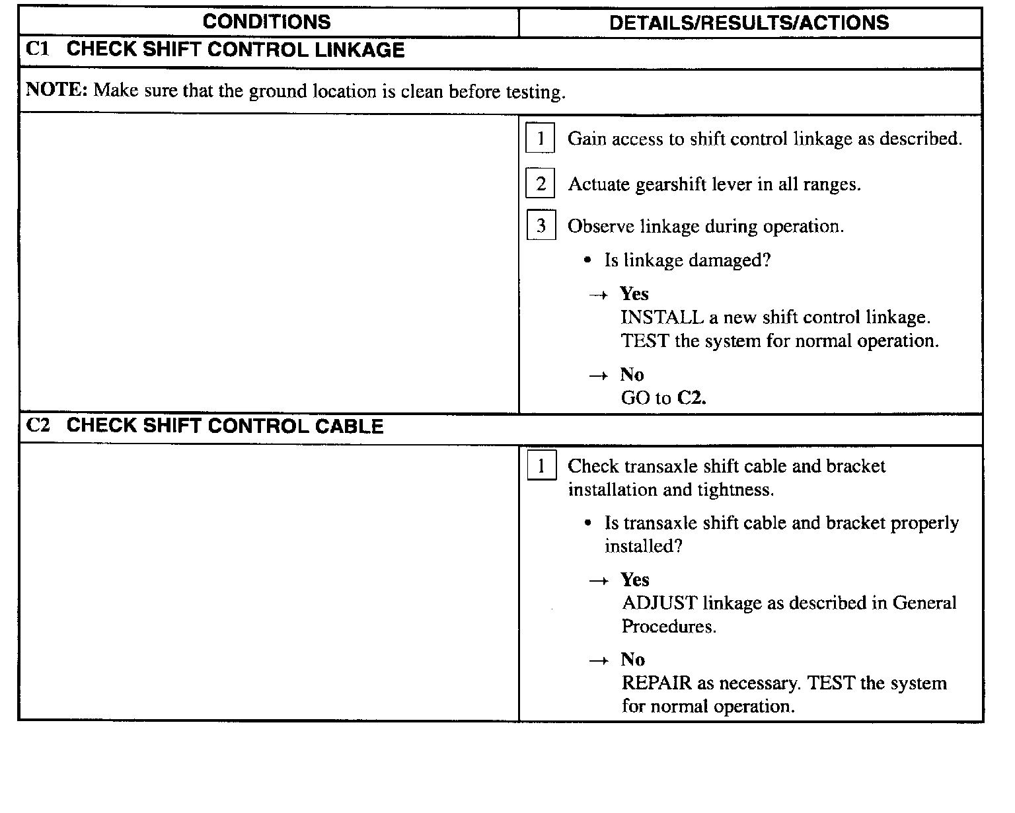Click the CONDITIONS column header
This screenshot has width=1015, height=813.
pos(266,22)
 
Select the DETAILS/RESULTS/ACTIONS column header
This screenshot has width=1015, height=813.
pos(749,22)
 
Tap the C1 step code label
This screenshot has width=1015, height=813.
pos(38,50)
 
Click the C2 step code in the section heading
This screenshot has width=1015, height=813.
pos(38,425)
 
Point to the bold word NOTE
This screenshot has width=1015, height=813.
pos(56,90)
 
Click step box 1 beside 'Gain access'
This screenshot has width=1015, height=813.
pos(541,139)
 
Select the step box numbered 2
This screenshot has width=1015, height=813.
pos(541,184)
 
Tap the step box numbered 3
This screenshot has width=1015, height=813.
pos(541,226)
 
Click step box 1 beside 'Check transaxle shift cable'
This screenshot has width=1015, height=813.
pos(541,467)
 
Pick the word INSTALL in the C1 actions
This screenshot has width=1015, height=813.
pos(662,317)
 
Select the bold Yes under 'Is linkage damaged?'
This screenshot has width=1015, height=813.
pos(634,294)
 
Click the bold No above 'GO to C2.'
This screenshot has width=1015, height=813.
pos(632,375)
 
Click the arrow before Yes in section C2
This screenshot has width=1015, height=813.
pos(599,581)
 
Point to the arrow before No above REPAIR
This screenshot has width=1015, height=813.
pos(599,661)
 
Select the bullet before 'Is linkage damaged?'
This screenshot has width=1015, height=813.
pos(587,260)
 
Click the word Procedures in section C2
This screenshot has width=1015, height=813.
pos(669,627)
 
